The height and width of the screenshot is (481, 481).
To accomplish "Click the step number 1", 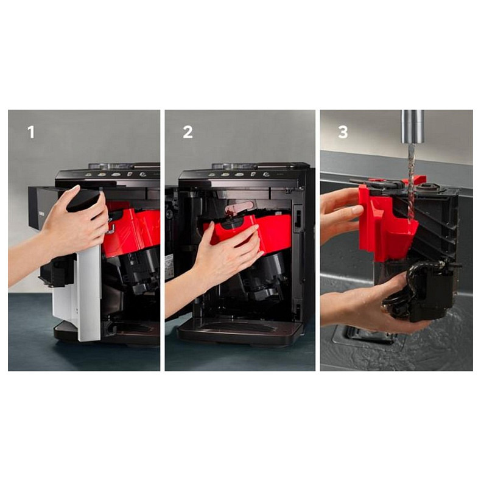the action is [x=31, y=132].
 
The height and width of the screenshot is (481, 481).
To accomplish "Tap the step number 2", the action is [x=188, y=132].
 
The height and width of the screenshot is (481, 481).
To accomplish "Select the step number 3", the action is [x=343, y=132].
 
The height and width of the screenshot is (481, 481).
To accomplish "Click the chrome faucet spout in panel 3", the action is [x=413, y=127].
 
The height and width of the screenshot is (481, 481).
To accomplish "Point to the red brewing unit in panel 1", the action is [x=132, y=231].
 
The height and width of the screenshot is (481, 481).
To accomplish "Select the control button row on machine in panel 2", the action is [x=239, y=174].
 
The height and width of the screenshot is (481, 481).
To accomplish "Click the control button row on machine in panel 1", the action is [x=116, y=174].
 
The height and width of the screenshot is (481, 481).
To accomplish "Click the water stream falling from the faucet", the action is [x=411, y=184].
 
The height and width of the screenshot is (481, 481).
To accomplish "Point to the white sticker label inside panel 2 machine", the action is [x=169, y=266].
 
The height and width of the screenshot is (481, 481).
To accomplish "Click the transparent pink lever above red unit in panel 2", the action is [x=239, y=208].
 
